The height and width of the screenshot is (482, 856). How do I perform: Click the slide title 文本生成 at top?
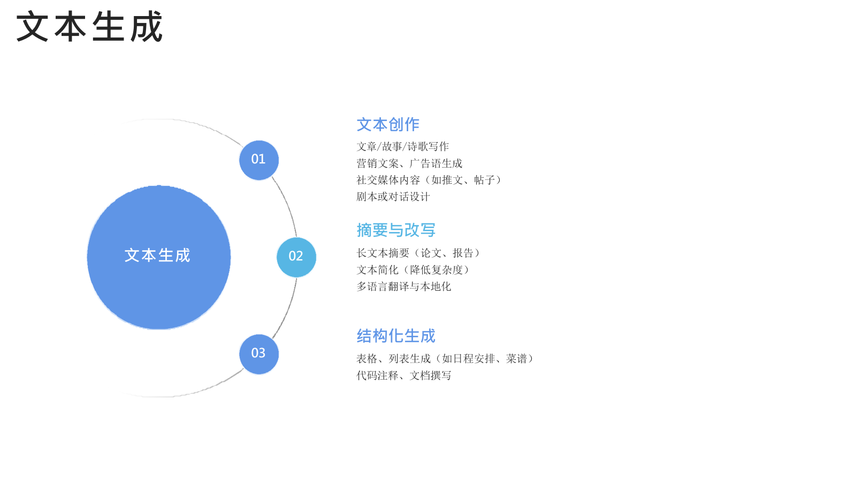(x=89, y=26)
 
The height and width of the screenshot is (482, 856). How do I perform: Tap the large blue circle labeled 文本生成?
(x=158, y=258)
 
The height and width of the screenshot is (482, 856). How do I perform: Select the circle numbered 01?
(x=259, y=160)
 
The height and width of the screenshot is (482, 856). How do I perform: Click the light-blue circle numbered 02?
(x=296, y=257)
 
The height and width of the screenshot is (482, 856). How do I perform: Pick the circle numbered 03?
(x=259, y=354)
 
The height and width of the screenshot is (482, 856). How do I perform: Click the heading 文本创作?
(x=388, y=125)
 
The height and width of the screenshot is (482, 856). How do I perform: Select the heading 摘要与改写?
(x=396, y=230)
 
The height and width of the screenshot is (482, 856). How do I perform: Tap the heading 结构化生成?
(x=396, y=336)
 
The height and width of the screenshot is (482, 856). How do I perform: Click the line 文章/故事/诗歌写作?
(x=402, y=147)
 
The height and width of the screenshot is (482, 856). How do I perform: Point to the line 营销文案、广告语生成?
(x=409, y=163)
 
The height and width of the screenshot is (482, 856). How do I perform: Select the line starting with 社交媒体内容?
(x=430, y=180)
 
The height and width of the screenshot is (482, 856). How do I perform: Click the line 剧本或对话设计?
(x=393, y=197)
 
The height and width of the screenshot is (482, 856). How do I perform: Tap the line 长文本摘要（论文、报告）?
(x=419, y=253)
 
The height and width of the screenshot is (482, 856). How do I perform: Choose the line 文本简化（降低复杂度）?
(x=414, y=270)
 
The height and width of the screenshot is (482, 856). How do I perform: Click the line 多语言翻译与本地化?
(x=404, y=287)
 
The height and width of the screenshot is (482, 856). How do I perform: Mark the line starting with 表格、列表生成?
(x=446, y=358)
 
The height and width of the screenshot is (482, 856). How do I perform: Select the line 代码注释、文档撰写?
(x=404, y=375)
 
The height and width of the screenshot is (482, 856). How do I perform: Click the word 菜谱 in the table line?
(x=516, y=358)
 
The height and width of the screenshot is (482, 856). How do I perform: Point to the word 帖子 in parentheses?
(x=485, y=180)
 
